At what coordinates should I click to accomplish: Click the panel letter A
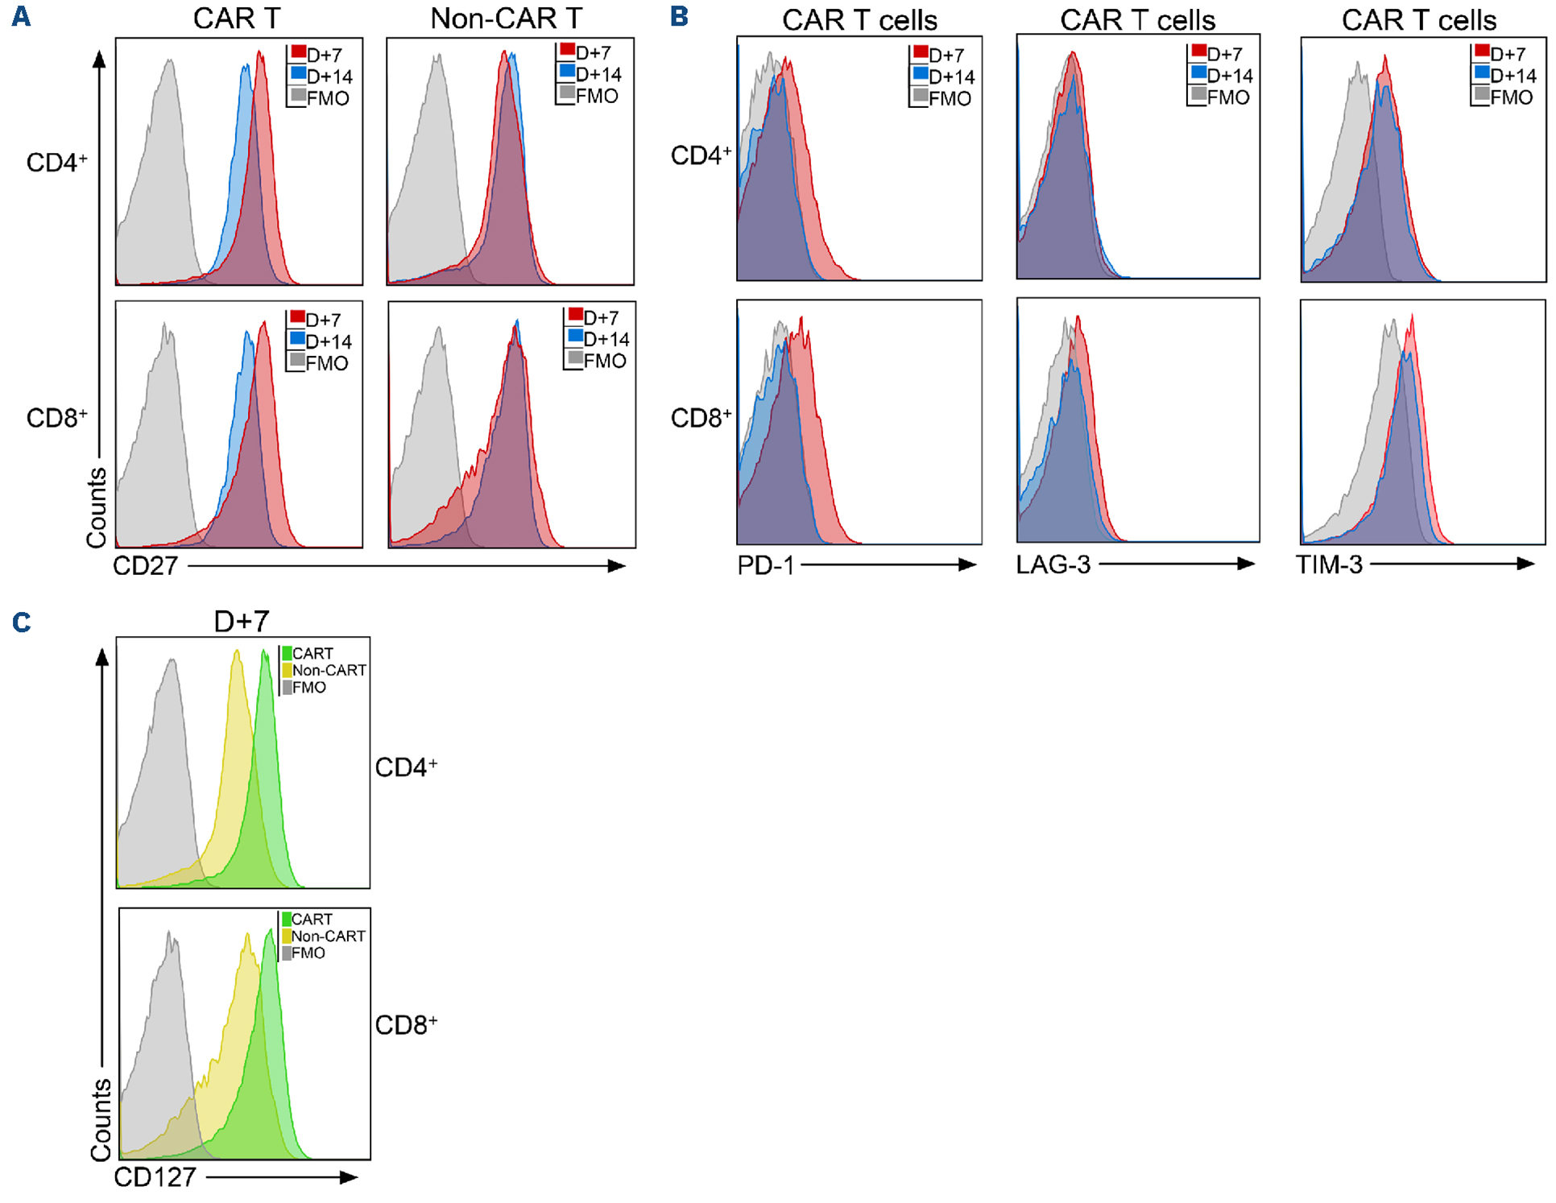click(x=21, y=16)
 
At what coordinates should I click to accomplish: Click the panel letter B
click(x=679, y=16)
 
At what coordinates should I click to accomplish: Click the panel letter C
click(x=22, y=622)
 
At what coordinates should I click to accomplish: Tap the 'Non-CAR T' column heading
click(x=506, y=19)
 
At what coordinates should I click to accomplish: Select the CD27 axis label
click(x=145, y=566)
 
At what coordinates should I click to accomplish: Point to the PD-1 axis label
click(x=765, y=565)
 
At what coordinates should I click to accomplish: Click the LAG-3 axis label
click(x=1053, y=564)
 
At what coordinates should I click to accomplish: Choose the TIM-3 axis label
click(x=1329, y=564)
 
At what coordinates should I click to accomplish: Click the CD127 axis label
click(x=155, y=1177)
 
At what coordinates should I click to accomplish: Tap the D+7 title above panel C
click(x=241, y=621)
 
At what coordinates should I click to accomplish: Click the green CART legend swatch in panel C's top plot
click(x=287, y=653)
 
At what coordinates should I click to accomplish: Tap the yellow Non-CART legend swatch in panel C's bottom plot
click(x=286, y=936)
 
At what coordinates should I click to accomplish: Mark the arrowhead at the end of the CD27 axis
click(x=617, y=566)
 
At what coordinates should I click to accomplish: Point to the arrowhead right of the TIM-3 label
click(x=1525, y=564)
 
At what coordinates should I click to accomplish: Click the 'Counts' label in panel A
click(x=97, y=507)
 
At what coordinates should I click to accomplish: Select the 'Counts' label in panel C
click(x=101, y=1120)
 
